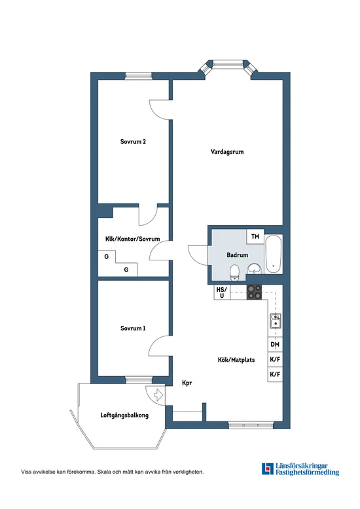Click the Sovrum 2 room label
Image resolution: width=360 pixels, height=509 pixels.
click(132, 141)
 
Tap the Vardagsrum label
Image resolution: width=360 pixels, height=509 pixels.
click(227, 152)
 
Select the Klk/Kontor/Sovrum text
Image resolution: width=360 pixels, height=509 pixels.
click(132, 239)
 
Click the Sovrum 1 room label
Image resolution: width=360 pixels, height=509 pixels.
click(133, 328)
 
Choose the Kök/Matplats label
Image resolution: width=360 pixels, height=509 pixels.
click(236, 360)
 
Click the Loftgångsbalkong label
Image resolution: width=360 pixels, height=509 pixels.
click(124, 415)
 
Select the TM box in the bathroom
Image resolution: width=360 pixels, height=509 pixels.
click(255, 237)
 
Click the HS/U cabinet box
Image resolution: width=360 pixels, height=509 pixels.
click(221, 293)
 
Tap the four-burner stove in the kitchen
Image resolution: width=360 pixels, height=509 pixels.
click(254, 293)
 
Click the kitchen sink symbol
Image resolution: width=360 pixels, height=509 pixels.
click(276, 321)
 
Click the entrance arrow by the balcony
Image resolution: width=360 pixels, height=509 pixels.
click(156, 395)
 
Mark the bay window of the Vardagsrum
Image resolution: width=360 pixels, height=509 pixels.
click(228, 66)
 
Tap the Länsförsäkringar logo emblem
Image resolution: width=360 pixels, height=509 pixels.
click(268, 469)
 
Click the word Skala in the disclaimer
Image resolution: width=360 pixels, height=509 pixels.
click(105, 471)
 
